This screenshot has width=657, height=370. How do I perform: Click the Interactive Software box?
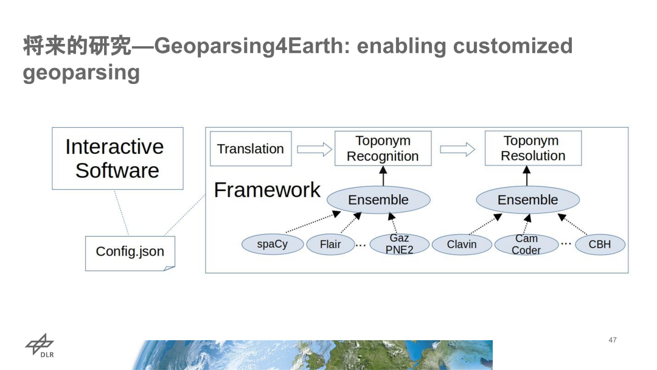pyautogui.click(x=117, y=158)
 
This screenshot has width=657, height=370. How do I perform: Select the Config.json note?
pyautogui.click(x=130, y=253)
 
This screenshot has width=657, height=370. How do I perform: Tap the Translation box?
pyautogui.click(x=250, y=149)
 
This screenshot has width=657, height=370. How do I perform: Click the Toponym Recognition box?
pyautogui.click(x=383, y=148)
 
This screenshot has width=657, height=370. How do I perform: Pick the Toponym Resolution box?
pyautogui.click(x=533, y=148)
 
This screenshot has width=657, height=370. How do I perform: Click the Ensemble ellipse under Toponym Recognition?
pyautogui.click(x=378, y=200)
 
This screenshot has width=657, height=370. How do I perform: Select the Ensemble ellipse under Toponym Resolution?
pyautogui.click(x=527, y=200)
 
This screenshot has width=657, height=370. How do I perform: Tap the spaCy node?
pyautogui.click(x=272, y=245)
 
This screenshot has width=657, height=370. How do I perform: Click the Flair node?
pyautogui.click(x=330, y=245)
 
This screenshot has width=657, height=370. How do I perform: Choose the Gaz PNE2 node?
pyautogui.click(x=399, y=245)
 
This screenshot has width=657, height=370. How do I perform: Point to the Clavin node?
pyautogui.click(x=462, y=245)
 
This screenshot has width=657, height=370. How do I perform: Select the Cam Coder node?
pyautogui.click(x=526, y=245)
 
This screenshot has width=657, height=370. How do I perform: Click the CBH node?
pyautogui.click(x=599, y=245)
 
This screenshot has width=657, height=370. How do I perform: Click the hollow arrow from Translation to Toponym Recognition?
pyautogui.click(x=314, y=149)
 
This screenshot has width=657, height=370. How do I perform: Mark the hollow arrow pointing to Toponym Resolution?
pyautogui.click(x=457, y=149)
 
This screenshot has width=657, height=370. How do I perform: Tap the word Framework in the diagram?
pyautogui.click(x=266, y=190)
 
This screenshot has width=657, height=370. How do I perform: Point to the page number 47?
pyautogui.click(x=613, y=340)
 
